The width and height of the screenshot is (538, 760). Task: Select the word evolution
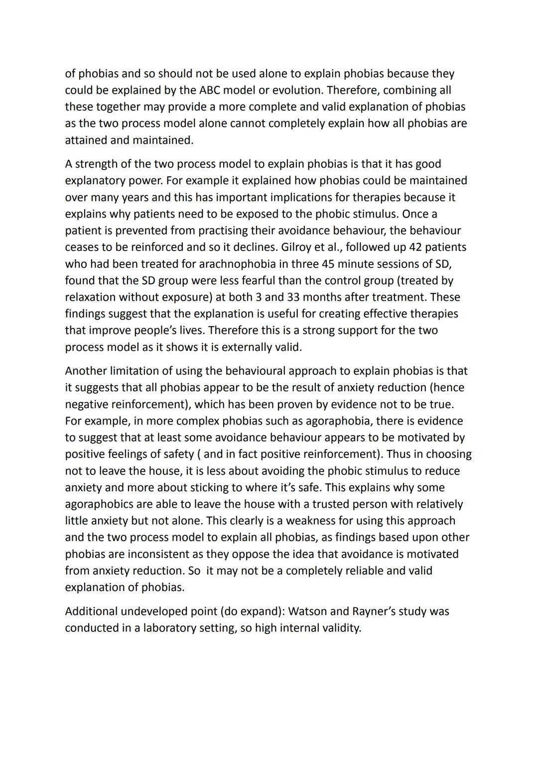[296, 90]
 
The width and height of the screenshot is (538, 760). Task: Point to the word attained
[86, 140]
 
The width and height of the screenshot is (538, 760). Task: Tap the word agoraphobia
[338, 421]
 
